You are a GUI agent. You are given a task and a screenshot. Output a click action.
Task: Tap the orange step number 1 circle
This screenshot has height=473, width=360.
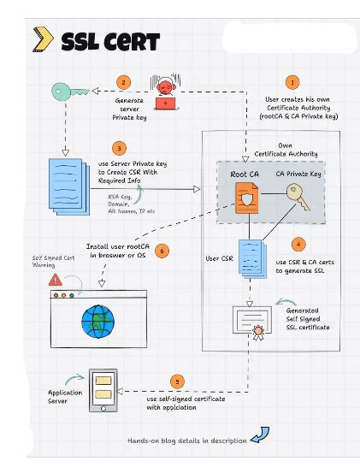[x=293, y=83]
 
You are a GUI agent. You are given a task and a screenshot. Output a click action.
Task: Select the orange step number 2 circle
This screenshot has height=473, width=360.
[x=125, y=82]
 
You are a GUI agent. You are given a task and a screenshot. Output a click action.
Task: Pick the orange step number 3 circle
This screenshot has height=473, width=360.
[x=120, y=147]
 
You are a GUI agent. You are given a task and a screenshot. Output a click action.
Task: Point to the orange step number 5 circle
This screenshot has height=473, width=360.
[x=177, y=381]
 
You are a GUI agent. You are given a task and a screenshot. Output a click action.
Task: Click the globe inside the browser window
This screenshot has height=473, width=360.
[x=97, y=322]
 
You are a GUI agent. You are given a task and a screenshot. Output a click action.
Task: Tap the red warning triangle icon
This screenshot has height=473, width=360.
[x=56, y=279]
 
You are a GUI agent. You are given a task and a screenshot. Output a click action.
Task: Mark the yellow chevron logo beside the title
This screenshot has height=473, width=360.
[x=41, y=39]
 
